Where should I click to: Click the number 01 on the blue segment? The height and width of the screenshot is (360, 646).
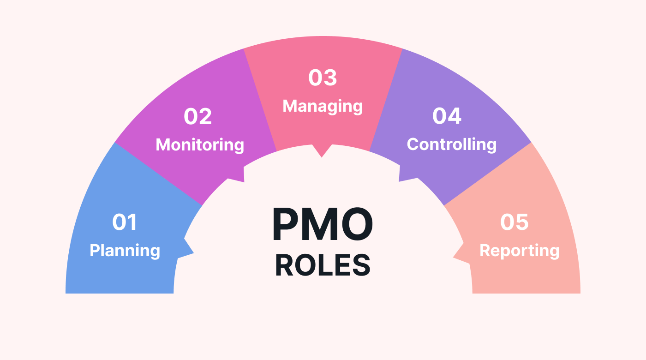[x=125, y=222]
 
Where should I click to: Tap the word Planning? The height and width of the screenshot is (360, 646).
[x=125, y=251]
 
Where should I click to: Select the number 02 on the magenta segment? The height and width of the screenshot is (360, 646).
[x=197, y=116]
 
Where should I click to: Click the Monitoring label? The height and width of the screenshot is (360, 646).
[x=200, y=145]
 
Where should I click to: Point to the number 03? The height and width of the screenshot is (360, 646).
[x=323, y=78]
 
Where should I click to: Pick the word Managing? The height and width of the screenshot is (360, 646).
[x=323, y=106]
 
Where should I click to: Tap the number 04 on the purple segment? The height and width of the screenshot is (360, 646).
[x=447, y=116]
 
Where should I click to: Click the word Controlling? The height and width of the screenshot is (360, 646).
[x=451, y=144]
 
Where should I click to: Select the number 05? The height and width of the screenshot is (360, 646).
[x=514, y=222]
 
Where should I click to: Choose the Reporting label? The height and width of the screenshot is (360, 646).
[x=519, y=251]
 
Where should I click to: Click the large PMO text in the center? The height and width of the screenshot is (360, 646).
[x=323, y=225]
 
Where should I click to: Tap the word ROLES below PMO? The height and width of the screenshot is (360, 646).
[x=323, y=265]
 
